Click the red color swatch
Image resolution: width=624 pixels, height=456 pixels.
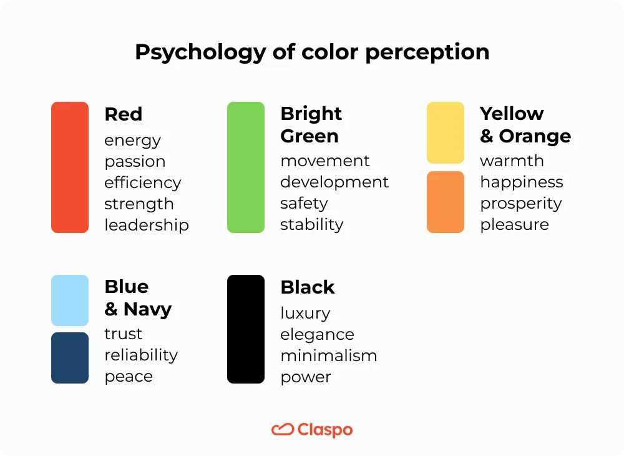click(x=70, y=167)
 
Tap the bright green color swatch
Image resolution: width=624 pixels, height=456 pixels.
click(x=246, y=167)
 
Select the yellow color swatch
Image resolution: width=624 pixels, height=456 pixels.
click(x=446, y=132)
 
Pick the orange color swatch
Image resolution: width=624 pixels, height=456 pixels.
click(x=446, y=202)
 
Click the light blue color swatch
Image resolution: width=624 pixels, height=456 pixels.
click(x=70, y=300)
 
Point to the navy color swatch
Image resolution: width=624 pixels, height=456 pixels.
click(x=70, y=358)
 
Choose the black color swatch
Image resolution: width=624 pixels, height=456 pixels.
click(x=246, y=329)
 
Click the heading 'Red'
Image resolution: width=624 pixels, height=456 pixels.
click(x=124, y=114)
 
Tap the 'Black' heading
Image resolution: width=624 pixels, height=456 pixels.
click(x=308, y=287)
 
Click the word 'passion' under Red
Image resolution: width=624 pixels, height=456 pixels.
click(x=135, y=162)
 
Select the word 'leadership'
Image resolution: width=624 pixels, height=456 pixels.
click(x=147, y=225)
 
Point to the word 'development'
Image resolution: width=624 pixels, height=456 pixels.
click(x=334, y=182)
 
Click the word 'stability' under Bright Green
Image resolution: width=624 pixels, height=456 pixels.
click(x=312, y=224)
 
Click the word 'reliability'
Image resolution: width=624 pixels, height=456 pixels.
click(x=141, y=355)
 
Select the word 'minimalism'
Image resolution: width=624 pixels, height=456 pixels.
click(x=329, y=356)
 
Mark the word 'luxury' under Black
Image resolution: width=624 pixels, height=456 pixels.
click(x=305, y=313)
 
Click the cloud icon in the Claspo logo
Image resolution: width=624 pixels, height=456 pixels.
click(x=283, y=429)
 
